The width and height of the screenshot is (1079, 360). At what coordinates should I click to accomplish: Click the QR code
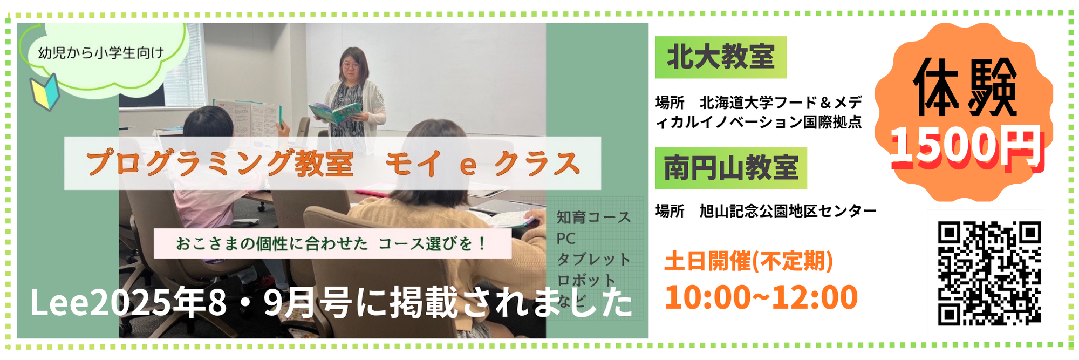click(x=989, y=273)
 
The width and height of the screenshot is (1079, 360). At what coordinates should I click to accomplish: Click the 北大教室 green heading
click(x=721, y=57)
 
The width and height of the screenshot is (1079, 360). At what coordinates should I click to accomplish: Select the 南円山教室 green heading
click(x=731, y=168)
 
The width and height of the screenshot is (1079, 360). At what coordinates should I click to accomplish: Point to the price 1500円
click(x=966, y=146)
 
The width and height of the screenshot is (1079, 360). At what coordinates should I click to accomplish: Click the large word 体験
click(x=965, y=88)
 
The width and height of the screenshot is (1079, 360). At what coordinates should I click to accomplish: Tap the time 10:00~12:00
click(x=761, y=297)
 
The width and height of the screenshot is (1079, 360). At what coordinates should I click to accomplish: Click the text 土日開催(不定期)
click(x=749, y=261)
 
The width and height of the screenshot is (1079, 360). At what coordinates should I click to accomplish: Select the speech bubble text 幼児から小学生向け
click(x=101, y=53)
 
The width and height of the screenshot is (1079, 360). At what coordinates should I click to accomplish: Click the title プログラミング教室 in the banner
click(x=220, y=163)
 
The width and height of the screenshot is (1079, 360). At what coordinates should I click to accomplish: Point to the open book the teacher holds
click(x=334, y=112)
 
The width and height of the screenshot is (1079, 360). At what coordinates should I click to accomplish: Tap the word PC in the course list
click(x=566, y=239)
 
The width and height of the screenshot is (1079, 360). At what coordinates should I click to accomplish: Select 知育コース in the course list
click(x=593, y=218)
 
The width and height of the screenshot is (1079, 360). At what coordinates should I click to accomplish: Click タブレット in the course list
click(x=593, y=260)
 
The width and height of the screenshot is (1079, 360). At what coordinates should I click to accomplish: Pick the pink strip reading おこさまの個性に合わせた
click(x=332, y=244)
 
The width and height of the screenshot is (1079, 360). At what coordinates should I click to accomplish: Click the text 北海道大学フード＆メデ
click(x=781, y=102)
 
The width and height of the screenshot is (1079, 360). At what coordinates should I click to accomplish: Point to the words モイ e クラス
click(x=483, y=164)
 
